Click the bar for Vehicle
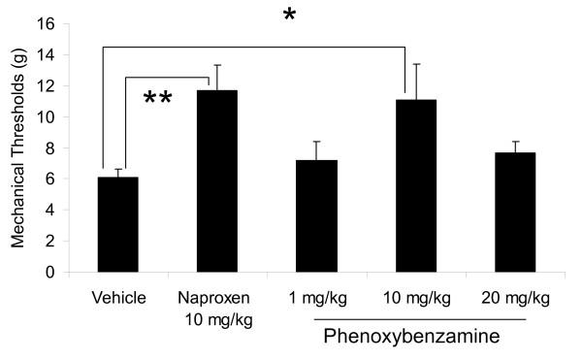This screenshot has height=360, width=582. coord(117,224)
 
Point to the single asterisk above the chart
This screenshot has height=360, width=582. coord(289,16)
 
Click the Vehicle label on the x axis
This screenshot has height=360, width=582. coord(117,296)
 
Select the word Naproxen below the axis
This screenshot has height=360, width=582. coord(211,296)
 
